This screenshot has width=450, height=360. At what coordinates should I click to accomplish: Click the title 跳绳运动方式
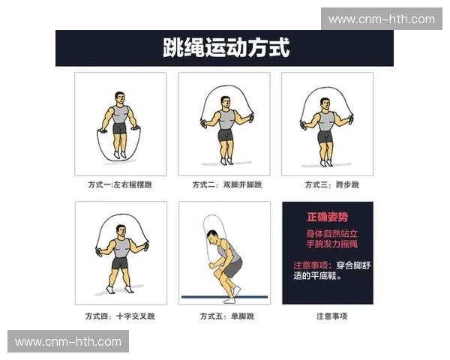point(226,49)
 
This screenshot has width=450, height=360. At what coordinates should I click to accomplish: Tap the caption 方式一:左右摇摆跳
point(119,185)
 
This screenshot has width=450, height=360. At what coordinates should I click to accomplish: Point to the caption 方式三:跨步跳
point(327,185)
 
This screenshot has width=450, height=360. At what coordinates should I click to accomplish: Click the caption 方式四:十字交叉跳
point(119,316)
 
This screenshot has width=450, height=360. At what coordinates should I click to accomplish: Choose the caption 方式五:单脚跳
point(223,316)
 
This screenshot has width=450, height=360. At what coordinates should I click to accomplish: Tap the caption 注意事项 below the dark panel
point(327,316)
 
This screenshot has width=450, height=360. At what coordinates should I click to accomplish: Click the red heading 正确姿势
point(328,217)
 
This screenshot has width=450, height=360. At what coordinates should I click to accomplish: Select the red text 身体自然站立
point(328,233)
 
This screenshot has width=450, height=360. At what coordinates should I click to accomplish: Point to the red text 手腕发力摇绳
point(328,244)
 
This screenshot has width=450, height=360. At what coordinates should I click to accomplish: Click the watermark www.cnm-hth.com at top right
point(380,19)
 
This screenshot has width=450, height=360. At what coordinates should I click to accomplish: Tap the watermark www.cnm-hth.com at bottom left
point(68,341)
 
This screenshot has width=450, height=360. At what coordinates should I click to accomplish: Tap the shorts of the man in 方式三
point(325,137)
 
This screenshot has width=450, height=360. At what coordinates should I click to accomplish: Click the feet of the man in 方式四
point(118,289)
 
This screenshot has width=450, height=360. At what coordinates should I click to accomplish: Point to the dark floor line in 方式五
point(224,297)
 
